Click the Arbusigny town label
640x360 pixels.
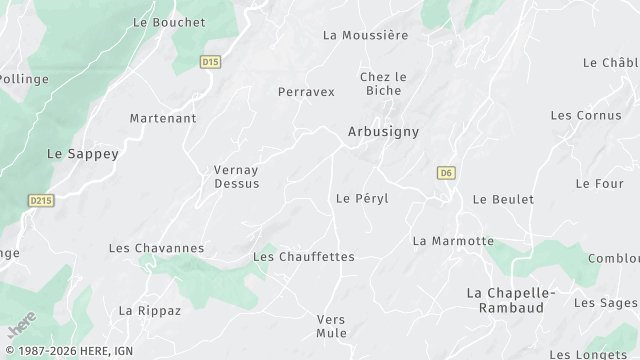tap(383, 131)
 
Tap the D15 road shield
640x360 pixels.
tap(210, 62)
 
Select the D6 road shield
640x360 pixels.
tap(446, 173)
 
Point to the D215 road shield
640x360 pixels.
tap(40, 200)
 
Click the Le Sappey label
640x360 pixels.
tap(83, 154)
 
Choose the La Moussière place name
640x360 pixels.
tap(365, 35)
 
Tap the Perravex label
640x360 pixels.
tap(306, 91)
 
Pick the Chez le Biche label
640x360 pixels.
tap(383, 83)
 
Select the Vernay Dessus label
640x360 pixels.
tap(237, 176)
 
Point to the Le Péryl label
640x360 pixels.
tap(362, 198)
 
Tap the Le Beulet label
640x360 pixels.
tap(503, 199)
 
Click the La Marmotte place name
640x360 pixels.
tap(453, 241)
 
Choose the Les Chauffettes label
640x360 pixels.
tap(304, 257)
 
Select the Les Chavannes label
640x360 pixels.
tap(156, 248)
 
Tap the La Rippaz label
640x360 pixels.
tap(150, 310)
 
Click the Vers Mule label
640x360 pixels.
tap(331, 326)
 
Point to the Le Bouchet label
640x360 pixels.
tap(168, 22)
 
